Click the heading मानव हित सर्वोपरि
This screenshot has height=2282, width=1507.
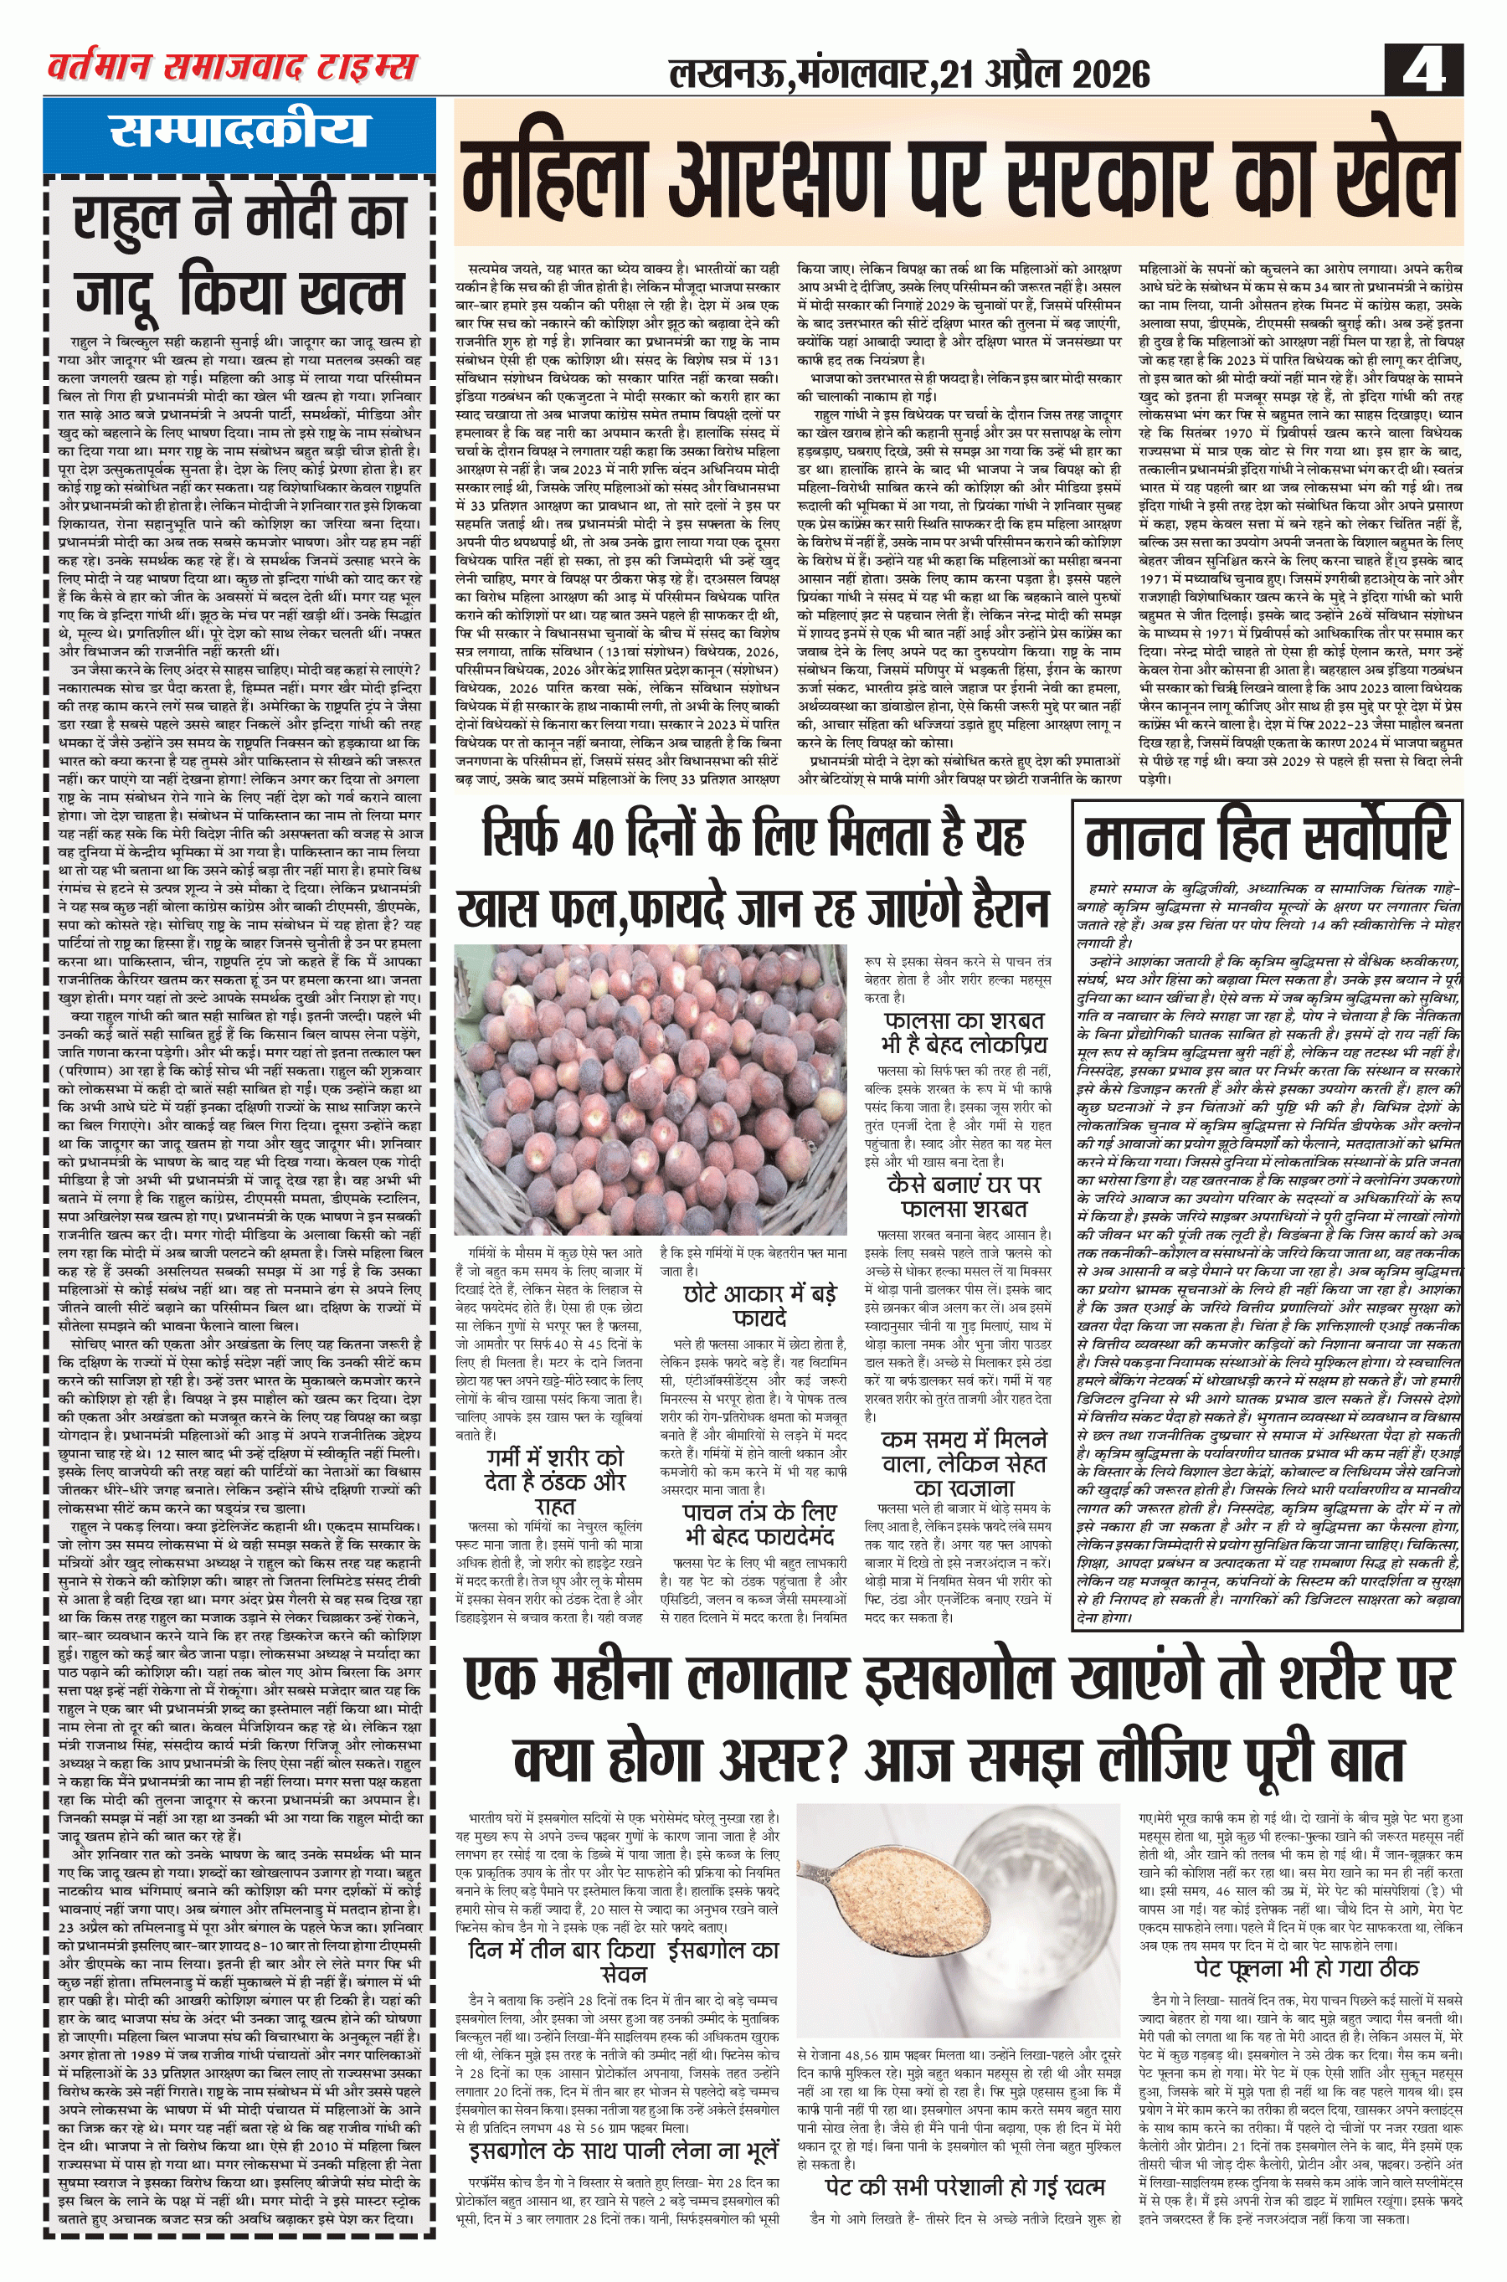pyautogui.click(x=1266, y=838)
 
